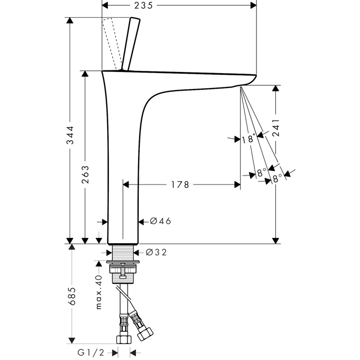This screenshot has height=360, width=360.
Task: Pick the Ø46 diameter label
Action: (161, 221)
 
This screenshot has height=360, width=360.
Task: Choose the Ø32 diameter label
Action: (156, 252)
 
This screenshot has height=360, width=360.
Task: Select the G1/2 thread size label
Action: (91, 352)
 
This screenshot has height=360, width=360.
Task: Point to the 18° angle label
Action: (247, 139)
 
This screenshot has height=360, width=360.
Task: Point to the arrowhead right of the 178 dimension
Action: (236, 185)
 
